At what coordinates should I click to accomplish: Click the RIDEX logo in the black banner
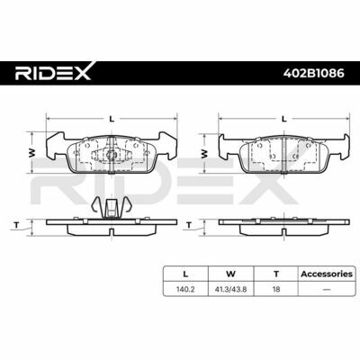[53, 71]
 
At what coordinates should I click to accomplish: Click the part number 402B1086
[314, 73]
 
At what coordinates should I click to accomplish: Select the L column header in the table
[185, 274]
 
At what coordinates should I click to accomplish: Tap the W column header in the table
[231, 274]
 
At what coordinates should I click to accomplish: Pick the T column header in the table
[276, 274]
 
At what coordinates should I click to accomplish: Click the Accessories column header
[327, 274]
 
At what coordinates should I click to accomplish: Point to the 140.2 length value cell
[185, 290]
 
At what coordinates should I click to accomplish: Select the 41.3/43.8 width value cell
[231, 290]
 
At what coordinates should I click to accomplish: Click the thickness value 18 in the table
[276, 290]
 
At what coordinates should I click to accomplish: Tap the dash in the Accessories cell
[327, 290]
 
